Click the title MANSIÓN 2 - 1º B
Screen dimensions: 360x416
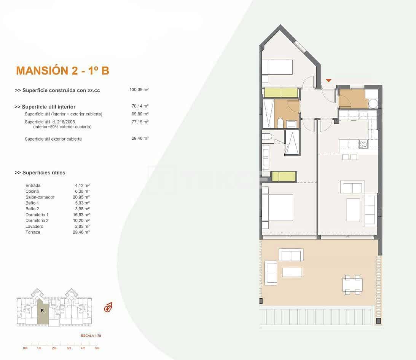point(62,70)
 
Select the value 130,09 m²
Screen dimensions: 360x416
point(139,90)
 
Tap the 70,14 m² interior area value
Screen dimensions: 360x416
point(140,107)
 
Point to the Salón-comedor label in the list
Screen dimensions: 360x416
point(40,197)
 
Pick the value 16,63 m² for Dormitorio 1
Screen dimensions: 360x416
point(82,214)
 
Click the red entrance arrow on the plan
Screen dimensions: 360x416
point(328,80)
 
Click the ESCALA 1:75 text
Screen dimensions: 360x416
point(91,336)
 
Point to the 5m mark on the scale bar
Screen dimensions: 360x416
point(97,348)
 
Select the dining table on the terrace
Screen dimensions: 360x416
point(352,285)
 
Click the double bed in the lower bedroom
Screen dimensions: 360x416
point(277,208)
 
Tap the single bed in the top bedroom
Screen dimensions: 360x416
point(277,67)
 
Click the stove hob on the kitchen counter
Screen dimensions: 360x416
point(363,144)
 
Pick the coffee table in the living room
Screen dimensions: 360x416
point(353,210)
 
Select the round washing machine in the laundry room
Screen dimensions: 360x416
point(373,104)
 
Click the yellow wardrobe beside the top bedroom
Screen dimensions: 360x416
point(281,93)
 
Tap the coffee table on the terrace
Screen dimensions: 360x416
point(292,272)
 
